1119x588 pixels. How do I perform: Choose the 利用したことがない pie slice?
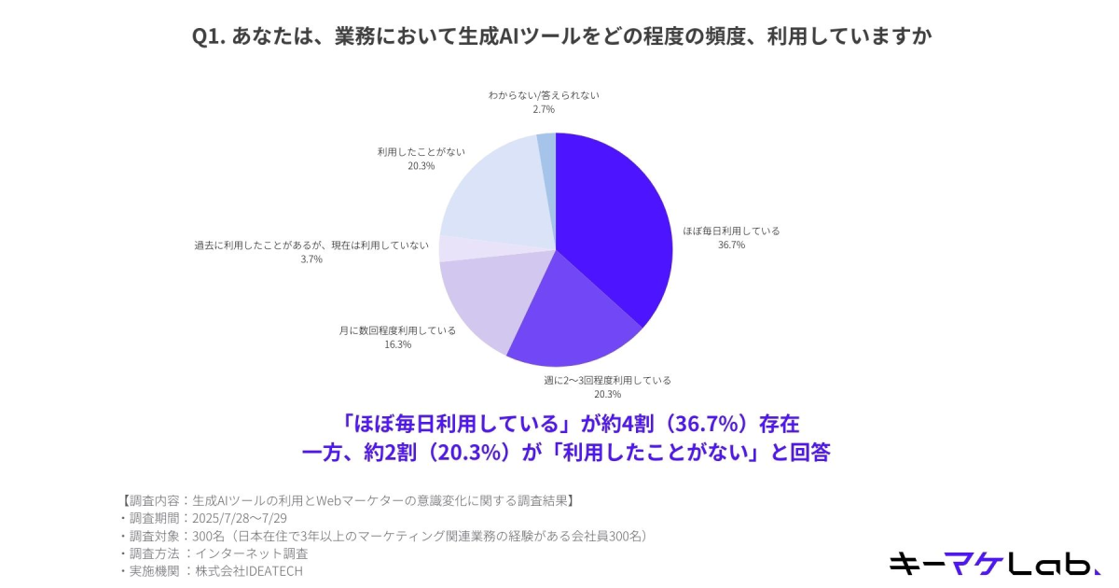pos(494,191)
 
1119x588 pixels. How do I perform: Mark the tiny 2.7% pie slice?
pos(547,142)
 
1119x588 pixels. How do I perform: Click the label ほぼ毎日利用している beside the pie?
pos(731,231)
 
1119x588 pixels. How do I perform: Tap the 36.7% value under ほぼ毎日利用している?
pos(731,245)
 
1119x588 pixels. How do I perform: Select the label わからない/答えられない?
pos(544,95)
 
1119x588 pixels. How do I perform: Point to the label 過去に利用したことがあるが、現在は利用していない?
pos(311,245)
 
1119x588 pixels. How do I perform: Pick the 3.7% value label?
pos(311,259)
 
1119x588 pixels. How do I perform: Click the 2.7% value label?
pos(544,109)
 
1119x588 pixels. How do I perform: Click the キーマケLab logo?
pos(994,563)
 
